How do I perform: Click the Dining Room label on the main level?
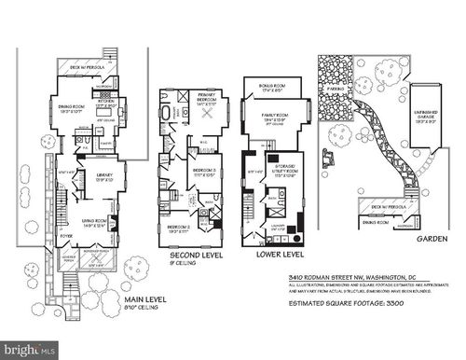[70, 107]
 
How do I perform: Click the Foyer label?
[67, 235]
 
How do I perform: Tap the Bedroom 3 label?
[204, 173]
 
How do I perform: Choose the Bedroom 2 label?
[178, 227]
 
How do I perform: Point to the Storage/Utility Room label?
[281, 171]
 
